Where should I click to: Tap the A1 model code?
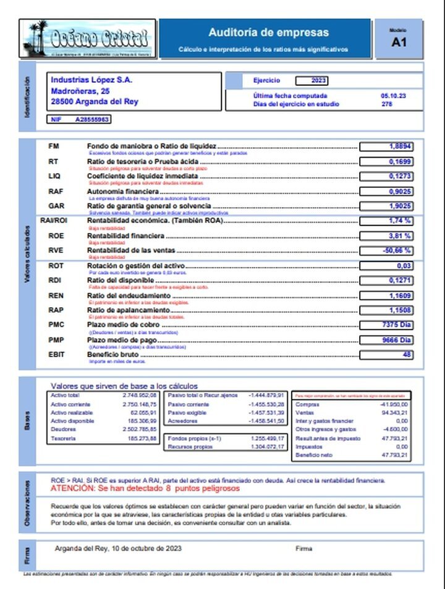click(x=399, y=43)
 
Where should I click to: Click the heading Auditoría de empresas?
click(x=268, y=33)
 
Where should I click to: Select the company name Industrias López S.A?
click(x=91, y=80)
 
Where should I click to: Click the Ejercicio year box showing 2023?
click(x=311, y=80)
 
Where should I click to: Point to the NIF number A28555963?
click(x=92, y=119)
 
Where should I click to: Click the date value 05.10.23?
click(x=393, y=96)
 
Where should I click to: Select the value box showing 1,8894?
click(x=386, y=146)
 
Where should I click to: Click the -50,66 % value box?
click(x=386, y=250)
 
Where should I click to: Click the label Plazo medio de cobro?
click(x=123, y=324)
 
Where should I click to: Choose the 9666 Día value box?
click(x=386, y=340)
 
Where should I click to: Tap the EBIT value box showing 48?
click(x=386, y=355)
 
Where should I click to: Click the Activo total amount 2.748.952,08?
click(x=140, y=395)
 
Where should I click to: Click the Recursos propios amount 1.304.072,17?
click(x=267, y=446)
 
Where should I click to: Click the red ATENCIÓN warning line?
click(x=145, y=488)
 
